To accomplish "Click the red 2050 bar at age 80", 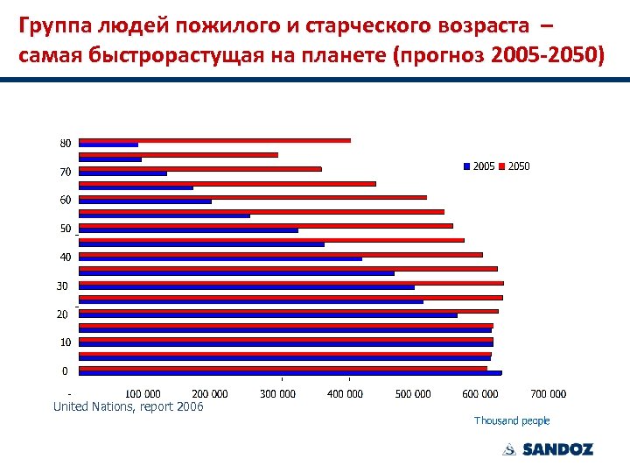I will coord(214,140).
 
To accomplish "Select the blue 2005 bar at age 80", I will coord(108,145).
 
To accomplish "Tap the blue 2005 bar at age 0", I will coord(290,373).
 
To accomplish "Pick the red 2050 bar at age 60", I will coord(253,197).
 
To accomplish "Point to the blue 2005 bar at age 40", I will coord(220,258).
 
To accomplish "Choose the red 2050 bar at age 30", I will coord(290,283).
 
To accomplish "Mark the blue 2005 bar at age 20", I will coord(268,315).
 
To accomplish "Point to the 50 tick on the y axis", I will coord(66,229).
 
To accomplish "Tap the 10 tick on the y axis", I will coord(66,342).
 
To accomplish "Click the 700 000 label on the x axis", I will coord(549,394).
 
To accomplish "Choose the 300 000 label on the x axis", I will coord(277,394).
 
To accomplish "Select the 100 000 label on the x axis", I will coord(143,394).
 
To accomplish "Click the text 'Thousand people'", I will coord(512,421).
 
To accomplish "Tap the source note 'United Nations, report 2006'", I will coord(128,406).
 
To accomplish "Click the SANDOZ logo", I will coord(548,449).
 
